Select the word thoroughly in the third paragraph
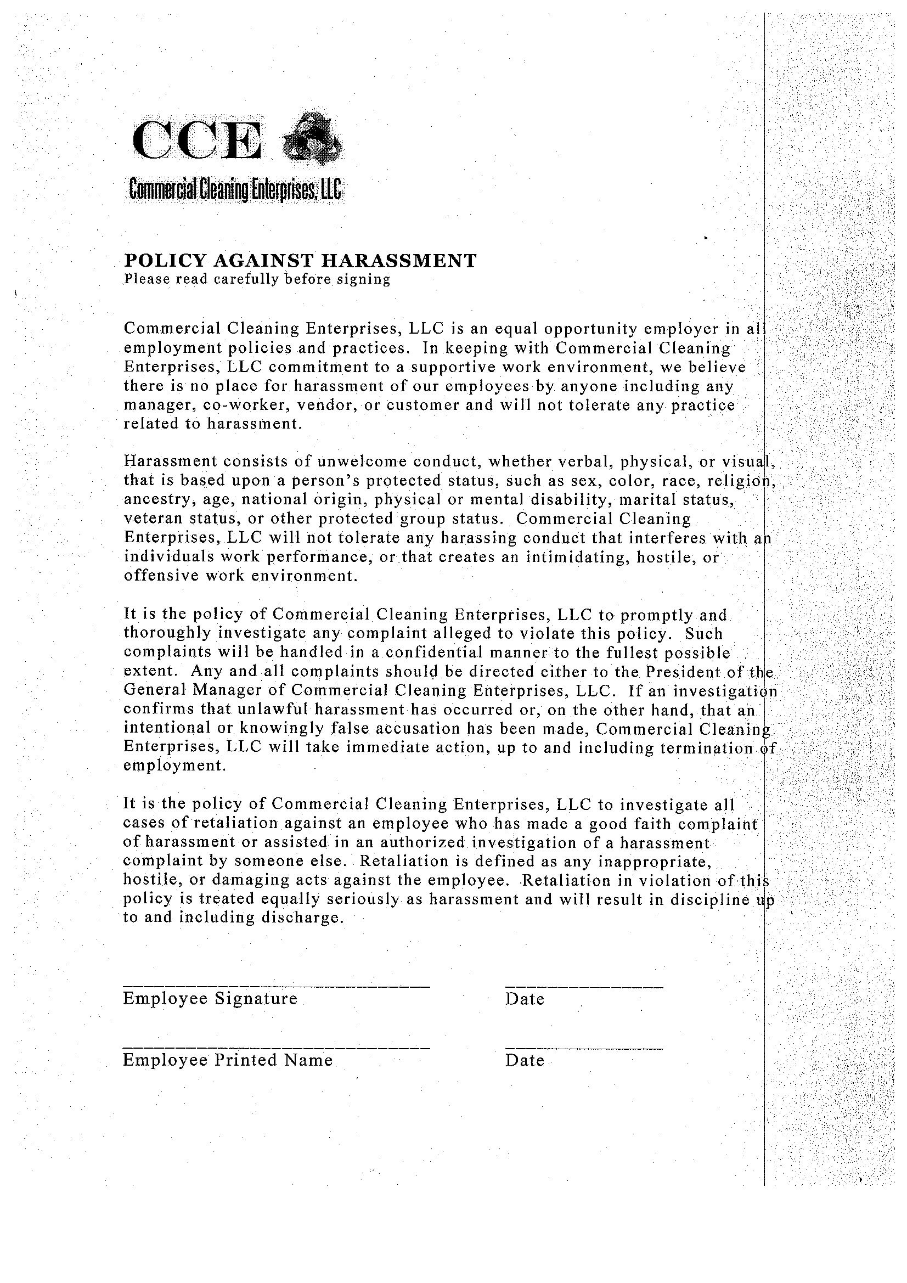167,633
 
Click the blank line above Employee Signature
276,987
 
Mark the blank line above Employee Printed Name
276,1048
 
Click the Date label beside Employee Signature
524,999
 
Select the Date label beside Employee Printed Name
524,1061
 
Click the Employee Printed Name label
228,1060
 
